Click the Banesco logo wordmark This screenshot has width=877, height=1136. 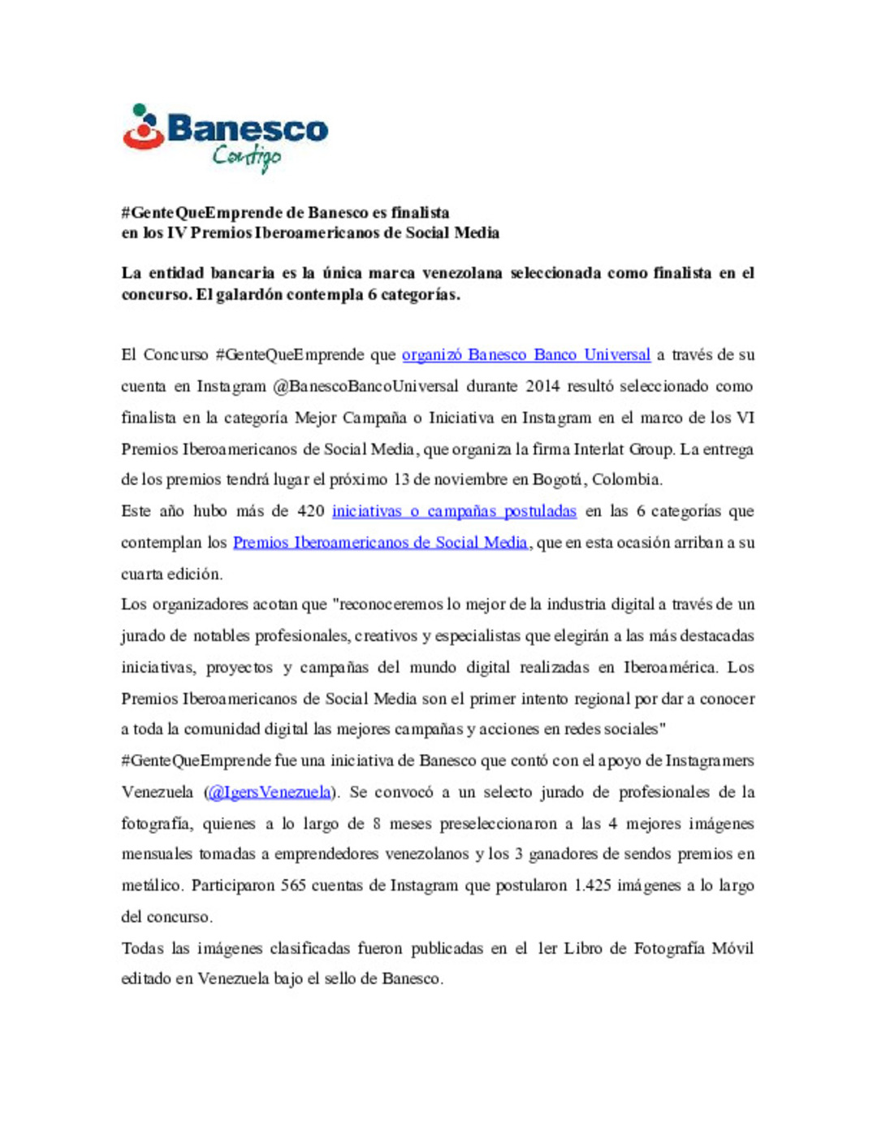coord(248,129)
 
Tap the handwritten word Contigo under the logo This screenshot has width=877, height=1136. coord(247,156)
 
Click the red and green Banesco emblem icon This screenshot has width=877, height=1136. coord(143,128)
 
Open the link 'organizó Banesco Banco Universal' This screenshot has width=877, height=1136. coord(525,355)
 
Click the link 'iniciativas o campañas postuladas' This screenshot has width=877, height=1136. coord(454,511)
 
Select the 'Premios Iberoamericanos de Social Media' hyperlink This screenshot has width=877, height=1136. coord(380,542)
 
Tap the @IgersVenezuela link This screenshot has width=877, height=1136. coord(270,792)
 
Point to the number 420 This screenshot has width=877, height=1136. coord(311,511)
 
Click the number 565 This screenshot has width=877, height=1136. coord(293,886)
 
